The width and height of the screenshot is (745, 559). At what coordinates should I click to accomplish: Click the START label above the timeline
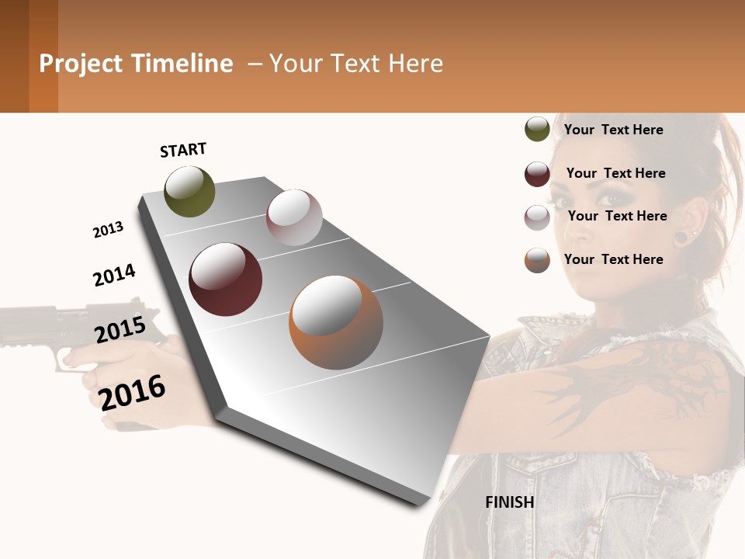pos(183,150)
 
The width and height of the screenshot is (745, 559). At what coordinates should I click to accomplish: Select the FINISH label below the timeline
pos(510,502)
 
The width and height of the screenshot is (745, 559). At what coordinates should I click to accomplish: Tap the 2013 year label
pos(108,230)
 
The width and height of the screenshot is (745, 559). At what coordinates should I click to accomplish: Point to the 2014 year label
pos(114,276)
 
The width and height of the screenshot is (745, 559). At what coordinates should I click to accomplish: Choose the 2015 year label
pos(120,330)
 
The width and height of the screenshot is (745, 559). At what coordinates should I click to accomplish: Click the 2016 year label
pos(133,392)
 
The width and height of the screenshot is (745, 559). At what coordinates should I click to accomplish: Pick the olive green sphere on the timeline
pos(189,192)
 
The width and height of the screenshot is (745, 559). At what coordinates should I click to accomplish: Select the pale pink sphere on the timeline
pos(294,217)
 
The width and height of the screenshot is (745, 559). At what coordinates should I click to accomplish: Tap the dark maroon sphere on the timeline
pos(226,279)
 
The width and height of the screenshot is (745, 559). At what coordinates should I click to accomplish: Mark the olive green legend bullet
pos(537,130)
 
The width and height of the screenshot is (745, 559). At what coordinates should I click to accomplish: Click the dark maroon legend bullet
pos(537,174)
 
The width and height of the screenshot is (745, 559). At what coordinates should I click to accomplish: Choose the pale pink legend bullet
pos(537,217)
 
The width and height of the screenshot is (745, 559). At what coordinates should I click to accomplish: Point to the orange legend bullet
pos(537,260)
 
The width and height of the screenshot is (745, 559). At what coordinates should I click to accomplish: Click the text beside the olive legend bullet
pos(614,130)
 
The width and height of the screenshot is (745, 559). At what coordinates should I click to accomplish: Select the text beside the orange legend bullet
pos(614,259)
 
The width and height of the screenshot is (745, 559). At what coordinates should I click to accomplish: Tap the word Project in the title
pos(81,64)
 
